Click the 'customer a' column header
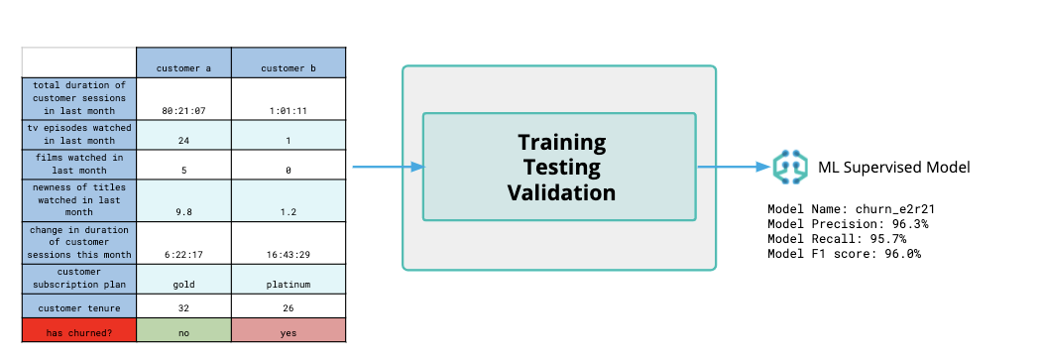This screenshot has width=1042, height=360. click(183, 67)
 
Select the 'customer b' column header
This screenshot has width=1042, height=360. click(289, 67)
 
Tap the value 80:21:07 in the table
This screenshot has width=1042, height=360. click(183, 111)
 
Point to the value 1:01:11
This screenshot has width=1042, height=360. click(289, 111)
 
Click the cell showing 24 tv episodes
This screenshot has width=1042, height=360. click(183, 141)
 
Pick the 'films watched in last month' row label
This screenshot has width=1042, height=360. click(78, 163)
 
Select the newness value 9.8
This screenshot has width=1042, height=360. click(183, 210)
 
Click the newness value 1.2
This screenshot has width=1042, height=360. click(289, 210)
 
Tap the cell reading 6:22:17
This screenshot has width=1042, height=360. click(183, 255)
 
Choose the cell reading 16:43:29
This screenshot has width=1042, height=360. click(289, 255)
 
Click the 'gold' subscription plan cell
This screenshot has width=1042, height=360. click(183, 284)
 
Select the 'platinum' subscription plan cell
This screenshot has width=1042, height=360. click(289, 284)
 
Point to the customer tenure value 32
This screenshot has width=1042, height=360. click(183, 308)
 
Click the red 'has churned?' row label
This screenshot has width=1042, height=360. click(78, 332)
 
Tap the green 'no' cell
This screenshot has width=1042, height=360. click(183, 332)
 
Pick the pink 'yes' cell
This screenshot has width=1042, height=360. click(289, 332)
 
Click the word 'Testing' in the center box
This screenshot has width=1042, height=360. click(561, 167)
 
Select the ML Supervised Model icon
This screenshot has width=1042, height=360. click(789, 168)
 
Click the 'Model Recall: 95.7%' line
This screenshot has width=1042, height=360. click(839, 239)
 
